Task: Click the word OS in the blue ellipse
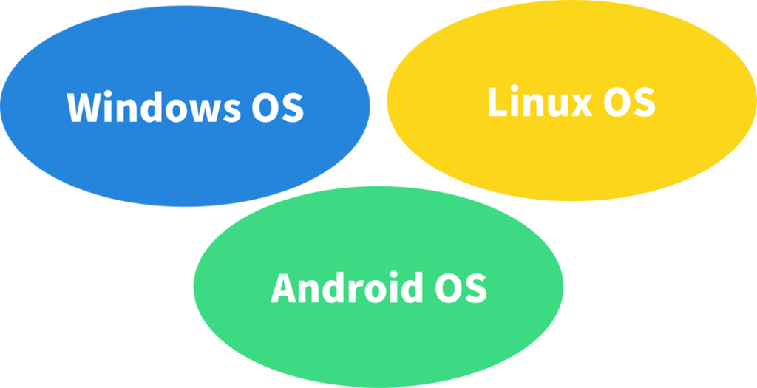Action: [x=273, y=108]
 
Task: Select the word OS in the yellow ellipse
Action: [x=629, y=103]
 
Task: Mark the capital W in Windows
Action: [x=82, y=108]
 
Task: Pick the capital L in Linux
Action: [x=498, y=103]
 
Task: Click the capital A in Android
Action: [x=284, y=287]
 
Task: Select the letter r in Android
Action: [x=352, y=290]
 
